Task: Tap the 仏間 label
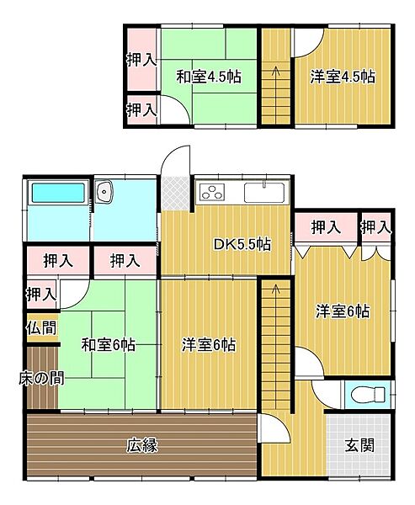click(x=41, y=328)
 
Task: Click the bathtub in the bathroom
click(x=56, y=194)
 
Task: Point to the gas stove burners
click(x=214, y=193)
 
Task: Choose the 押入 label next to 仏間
click(x=41, y=294)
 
